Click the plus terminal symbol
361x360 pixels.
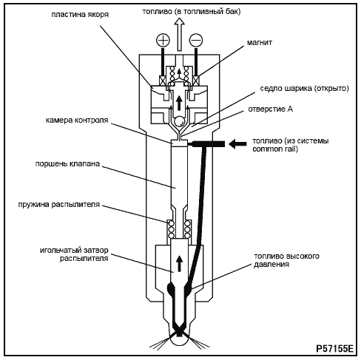163,40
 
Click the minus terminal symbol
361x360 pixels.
196,40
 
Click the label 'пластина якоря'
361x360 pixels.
80,15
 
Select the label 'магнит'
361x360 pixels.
260,43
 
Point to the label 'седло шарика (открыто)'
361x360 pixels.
304,89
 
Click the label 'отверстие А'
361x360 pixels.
270,109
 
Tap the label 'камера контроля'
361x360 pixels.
77,120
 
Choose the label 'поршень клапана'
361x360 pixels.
67,164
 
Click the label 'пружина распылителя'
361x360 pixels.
59,205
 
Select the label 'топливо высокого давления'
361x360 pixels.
286,260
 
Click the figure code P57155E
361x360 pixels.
334,349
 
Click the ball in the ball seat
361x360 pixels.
179,121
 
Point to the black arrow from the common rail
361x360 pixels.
237,144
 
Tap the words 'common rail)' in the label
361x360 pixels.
275,149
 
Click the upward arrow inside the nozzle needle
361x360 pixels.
179,264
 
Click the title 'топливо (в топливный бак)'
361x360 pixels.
192,12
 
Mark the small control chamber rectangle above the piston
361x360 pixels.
179,142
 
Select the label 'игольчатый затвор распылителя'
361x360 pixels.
74,254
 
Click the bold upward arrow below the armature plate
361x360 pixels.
179,103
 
